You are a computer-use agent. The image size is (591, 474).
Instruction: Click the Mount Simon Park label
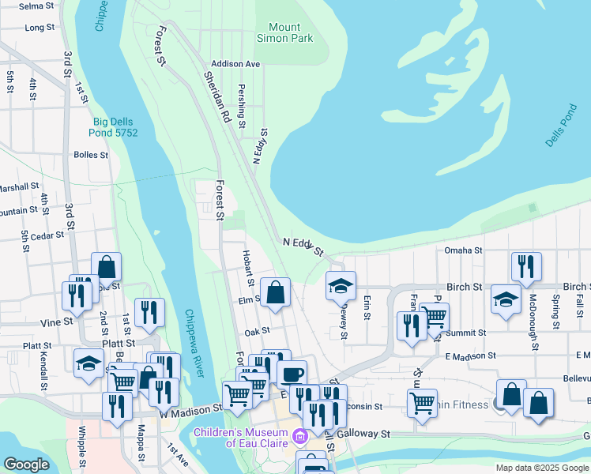[x=284, y=32]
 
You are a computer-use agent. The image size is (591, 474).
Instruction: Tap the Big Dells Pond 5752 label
[x=115, y=127]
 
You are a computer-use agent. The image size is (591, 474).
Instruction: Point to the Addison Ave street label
[x=235, y=63]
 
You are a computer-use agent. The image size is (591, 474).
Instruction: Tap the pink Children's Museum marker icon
[x=299, y=436]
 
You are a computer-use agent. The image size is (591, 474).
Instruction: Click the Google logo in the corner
[x=26, y=465]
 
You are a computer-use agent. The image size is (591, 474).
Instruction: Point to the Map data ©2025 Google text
[x=542, y=468]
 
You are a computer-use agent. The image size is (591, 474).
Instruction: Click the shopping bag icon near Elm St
[x=274, y=292]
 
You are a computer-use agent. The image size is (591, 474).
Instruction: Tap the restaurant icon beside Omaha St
[x=525, y=267]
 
